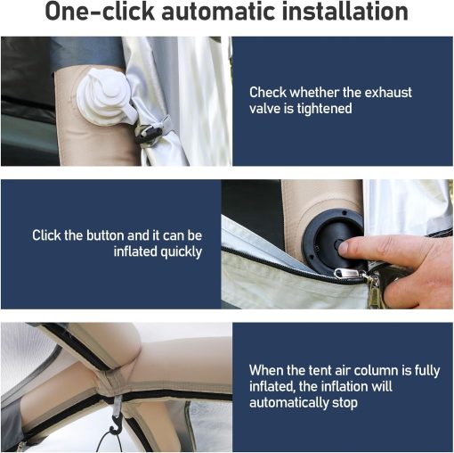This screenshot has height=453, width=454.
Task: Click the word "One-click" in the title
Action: (100, 12)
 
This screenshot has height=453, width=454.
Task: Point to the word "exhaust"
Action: (388, 92)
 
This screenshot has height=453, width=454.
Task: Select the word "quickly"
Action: (181, 251)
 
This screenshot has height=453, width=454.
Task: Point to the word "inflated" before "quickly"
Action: (135, 251)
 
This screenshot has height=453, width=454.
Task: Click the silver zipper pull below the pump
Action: (348, 274)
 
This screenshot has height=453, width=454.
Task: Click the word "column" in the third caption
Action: (376, 370)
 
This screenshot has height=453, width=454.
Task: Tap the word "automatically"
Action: (289, 403)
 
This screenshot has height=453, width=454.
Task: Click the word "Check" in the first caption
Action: (268, 92)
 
